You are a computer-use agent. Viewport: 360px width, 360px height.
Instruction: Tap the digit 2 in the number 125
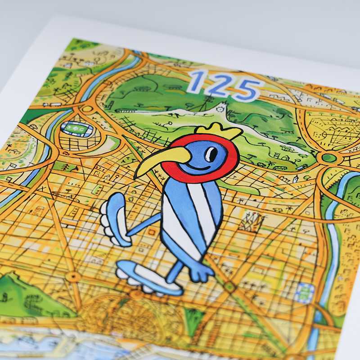(218, 85)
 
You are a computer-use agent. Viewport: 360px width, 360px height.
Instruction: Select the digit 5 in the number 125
(246, 89)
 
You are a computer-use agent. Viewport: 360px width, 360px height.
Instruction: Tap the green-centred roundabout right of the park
(329, 158)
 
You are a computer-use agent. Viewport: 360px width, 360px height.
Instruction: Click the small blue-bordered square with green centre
(306, 292)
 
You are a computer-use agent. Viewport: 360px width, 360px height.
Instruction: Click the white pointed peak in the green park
(220, 108)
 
